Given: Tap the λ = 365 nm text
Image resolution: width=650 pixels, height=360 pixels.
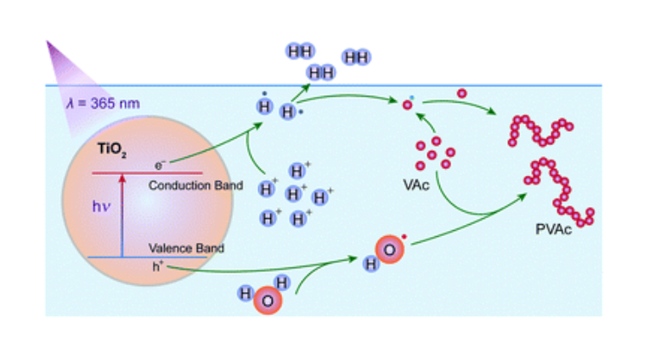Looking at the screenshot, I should [104, 104].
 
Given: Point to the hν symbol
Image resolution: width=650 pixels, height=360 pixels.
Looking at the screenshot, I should [102, 205].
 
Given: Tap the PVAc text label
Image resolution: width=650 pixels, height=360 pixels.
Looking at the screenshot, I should [553, 230].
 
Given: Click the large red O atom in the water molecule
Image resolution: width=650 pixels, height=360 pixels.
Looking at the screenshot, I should [267, 301].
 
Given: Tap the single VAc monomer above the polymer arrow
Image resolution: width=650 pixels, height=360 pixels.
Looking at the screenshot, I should [462, 93].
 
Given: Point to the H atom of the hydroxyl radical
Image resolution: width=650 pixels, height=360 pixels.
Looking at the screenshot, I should [371, 264].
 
